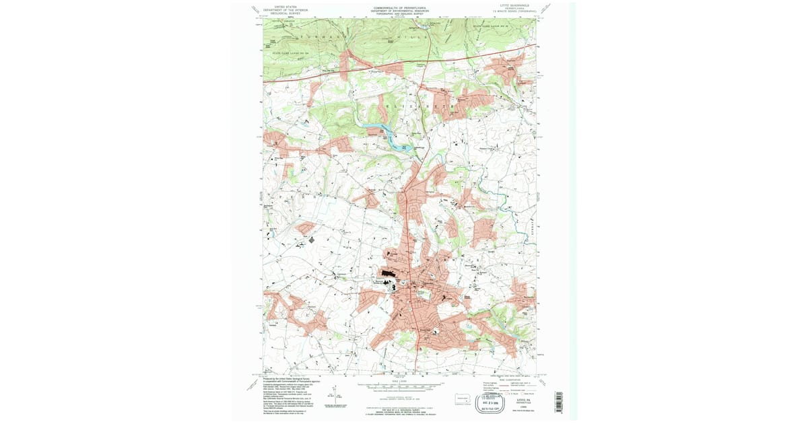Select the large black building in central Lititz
point(388,273)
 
